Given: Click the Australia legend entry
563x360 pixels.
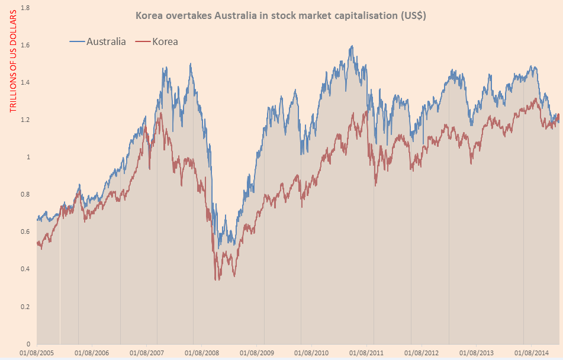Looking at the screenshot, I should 106,41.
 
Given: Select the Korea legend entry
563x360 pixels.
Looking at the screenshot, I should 165,41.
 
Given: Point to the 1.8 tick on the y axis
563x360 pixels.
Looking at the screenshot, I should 25,8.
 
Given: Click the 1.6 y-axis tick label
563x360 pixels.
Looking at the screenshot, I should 25,45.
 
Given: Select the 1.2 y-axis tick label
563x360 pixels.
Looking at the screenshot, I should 25,120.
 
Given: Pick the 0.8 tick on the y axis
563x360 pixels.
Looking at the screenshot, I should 25,194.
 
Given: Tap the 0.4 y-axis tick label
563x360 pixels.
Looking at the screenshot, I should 25,269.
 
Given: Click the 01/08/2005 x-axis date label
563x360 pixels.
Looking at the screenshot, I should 37,352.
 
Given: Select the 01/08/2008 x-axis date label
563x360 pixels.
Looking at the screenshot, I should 202,352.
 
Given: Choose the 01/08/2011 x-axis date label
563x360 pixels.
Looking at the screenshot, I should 366,352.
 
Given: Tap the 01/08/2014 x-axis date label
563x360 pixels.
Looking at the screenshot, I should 532,352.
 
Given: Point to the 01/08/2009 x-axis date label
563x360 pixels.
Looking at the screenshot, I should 257,352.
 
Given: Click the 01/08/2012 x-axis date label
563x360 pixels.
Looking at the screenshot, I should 422,352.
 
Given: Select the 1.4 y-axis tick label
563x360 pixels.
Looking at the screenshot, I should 25,82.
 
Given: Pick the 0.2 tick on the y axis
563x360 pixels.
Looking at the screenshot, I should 25,306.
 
